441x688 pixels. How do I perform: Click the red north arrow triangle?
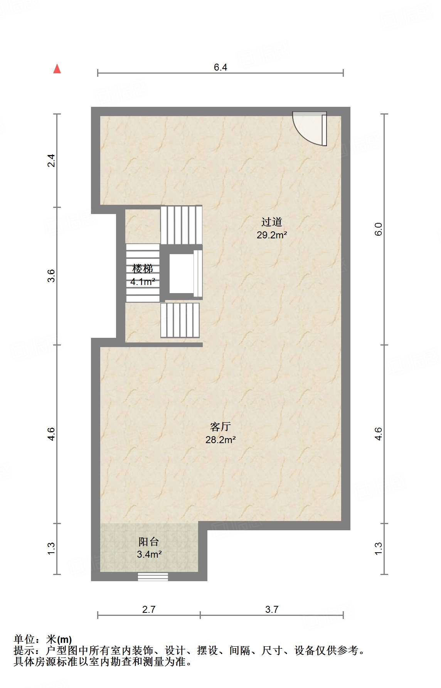coord(57,69)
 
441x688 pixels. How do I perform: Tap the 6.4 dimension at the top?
coord(220,67)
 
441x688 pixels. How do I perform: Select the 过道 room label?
coord(272,222)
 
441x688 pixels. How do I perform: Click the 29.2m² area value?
coord(272,235)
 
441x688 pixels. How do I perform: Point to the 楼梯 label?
coord(143,269)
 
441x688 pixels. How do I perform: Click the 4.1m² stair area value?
coord(143,282)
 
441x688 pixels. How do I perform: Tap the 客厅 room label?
coord(220,427)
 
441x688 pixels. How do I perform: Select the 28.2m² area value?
coord(220,440)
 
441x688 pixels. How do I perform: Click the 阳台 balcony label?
coord(149,542)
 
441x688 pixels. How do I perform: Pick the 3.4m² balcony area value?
coord(149,555)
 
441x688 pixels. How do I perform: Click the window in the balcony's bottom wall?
coord(153,577)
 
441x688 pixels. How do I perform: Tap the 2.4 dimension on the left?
coord(51,160)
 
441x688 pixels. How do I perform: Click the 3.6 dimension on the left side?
coord(51,276)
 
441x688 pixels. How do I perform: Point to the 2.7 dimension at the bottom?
coord(149,609)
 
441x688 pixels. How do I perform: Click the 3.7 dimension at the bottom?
coord(272,609)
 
